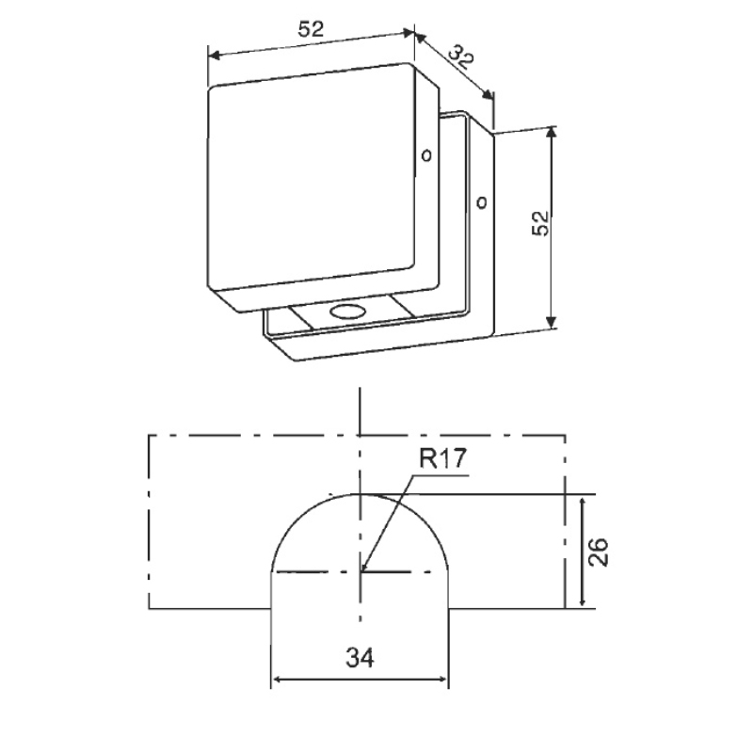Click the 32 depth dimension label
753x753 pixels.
461,56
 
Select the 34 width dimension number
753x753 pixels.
360,657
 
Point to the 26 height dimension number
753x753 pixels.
598,553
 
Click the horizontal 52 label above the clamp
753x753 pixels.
312,29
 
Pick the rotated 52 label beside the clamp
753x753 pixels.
539,223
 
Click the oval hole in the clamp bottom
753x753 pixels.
347,312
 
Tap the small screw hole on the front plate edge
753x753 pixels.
426,155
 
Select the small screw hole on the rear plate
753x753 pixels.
481,202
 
